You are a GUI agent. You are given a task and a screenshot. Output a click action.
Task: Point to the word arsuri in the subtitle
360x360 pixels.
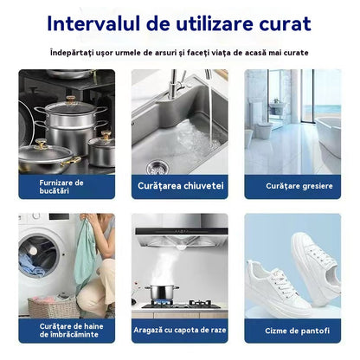165,52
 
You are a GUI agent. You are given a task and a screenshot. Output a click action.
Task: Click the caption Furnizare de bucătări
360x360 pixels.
61,186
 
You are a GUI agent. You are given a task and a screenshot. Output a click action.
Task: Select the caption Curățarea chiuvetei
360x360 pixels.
179,186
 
